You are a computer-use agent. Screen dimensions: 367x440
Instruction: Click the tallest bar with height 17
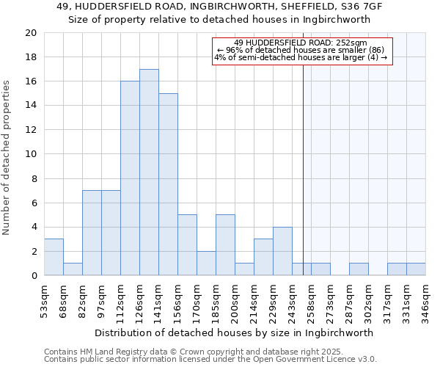click(x=149, y=172)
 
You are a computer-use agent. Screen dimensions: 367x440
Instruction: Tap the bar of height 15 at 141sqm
click(x=168, y=184)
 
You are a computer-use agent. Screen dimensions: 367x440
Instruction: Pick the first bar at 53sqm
click(x=54, y=257)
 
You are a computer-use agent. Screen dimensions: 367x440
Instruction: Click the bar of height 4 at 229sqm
click(x=282, y=251)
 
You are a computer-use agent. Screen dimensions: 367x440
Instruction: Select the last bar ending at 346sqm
click(x=416, y=269)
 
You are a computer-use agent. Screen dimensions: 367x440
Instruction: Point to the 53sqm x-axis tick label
click(x=44, y=297)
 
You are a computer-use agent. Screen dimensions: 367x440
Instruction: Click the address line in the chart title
click(x=219, y=6)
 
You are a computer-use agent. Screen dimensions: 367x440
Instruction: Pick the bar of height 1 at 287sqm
click(x=359, y=269)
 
